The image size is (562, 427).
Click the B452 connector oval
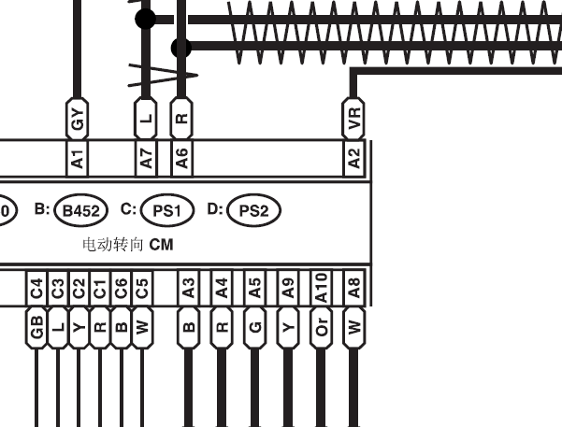click(81, 210)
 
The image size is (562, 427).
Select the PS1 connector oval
click(167, 210)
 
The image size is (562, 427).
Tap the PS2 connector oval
click(253, 210)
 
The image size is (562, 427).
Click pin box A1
click(78, 158)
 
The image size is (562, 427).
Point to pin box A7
click(146, 158)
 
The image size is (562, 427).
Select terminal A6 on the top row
click(181, 158)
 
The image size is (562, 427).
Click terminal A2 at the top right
click(353, 158)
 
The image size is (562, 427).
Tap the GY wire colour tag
click(77, 119)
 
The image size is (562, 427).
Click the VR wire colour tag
click(353, 119)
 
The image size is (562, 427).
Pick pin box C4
click(36, 289)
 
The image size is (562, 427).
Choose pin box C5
click(142, 289)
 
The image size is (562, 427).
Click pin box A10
click(321, 289)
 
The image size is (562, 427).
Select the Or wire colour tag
click(321, 327)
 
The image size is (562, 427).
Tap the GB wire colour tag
click(36, 327)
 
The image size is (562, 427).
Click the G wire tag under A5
click(255, 327)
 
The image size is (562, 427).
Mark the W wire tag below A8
click(354, 327)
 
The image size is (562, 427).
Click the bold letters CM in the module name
click(161, 245)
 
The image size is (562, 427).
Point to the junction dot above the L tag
click(145, 19)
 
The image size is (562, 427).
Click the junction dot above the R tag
click(181, 48)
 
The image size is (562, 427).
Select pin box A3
click(189, 289)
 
